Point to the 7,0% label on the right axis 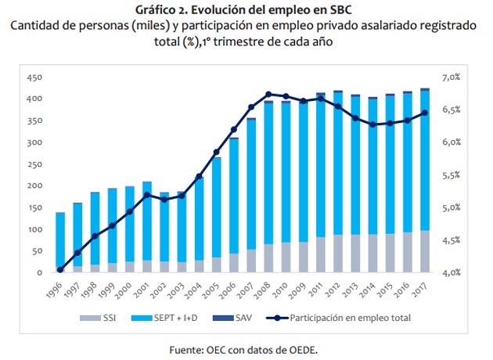454,78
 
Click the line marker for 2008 268,94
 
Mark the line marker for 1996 60,270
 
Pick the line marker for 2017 424,113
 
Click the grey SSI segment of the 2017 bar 424,251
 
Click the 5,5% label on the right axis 454,175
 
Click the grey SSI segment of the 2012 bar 337,254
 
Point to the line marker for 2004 199,177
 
